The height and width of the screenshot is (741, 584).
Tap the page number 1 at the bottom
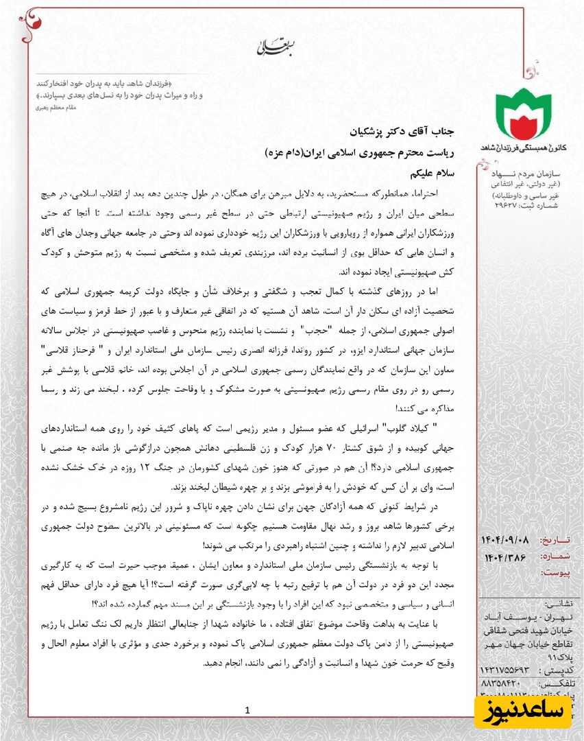(x=247, y=710)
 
